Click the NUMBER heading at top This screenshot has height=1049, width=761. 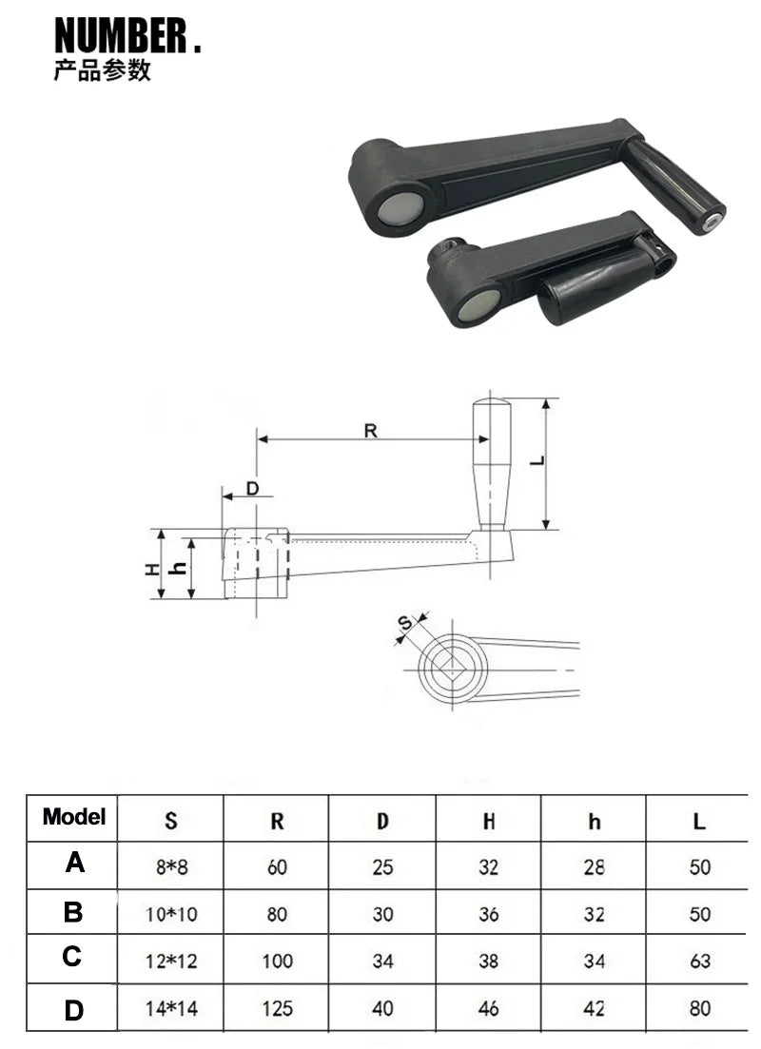click(x=127, y=36)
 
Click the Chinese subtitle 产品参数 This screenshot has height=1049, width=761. click(x=102, y=71)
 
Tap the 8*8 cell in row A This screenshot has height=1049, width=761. click(x=170, y=866)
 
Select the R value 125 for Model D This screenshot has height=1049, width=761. click(x=277, y=1008)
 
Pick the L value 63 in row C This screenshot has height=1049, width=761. click(x=699, y=961)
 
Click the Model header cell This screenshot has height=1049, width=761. click(x=73, y=817)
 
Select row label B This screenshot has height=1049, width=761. click(x=73, y=913)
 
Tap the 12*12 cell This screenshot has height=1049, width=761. click(x=172, y=962)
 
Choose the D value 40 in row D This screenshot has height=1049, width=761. click(x=382, y=1008)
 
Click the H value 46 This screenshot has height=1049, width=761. click(x=489, y=1008)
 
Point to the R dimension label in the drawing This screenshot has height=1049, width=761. click(x=370, y=431)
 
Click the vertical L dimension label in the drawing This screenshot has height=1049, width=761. click(x=538, y=461)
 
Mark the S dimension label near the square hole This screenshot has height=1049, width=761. click(x=404, y=624)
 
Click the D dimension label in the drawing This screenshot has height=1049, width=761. click(x=252, y=489)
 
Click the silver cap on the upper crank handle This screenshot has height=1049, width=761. click(x=400, y=206)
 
